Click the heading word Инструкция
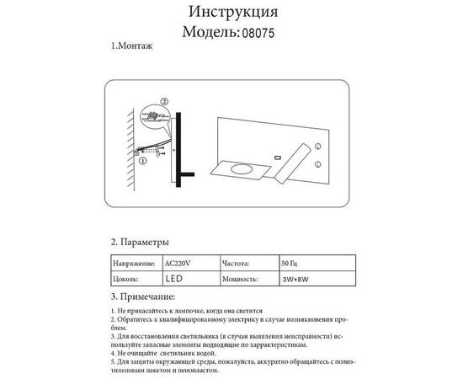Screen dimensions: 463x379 click(231, 13)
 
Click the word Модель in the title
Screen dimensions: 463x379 click(211, 33)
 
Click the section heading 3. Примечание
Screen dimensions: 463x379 click(143, 296)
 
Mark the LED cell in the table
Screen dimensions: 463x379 click(174, 278)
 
